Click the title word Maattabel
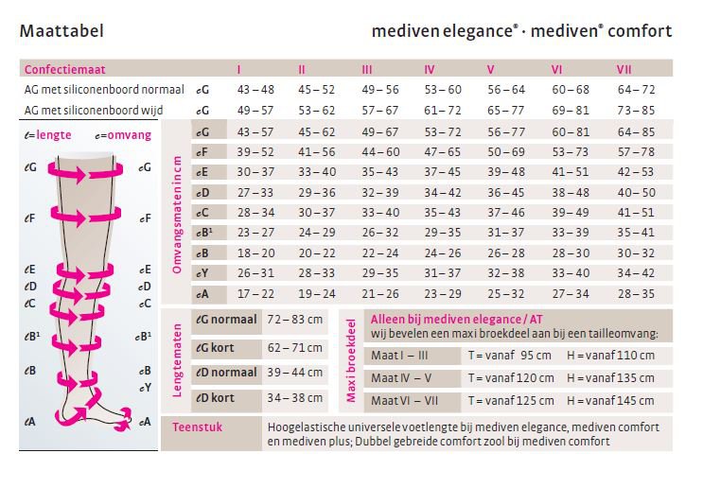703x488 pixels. tap(62, 31)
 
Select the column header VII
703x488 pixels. tap(624, 69)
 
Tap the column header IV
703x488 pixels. tap(430, 69)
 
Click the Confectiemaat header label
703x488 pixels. tap(64, 70)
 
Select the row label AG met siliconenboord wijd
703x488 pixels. tap(100, 110)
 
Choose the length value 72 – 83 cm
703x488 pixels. tap(295, 320)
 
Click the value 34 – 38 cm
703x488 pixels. tap(295, 398)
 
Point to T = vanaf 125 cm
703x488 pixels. tap(511, 401)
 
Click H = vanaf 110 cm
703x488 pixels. tap(610, 355)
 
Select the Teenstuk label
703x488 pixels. tap(195, 427)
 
